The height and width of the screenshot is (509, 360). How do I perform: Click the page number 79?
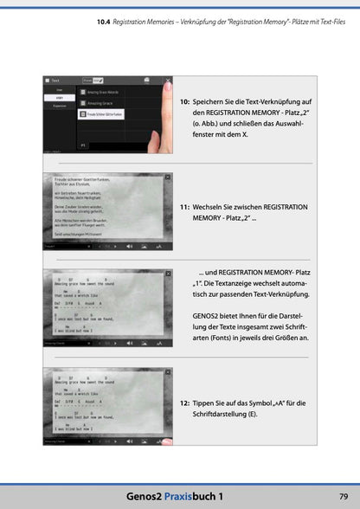(x=343, y=495)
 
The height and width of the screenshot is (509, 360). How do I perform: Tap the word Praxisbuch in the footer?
(x=189, y=495)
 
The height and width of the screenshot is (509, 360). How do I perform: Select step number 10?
(x=184, y=101)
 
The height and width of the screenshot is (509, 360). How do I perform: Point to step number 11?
(x=184, y=208)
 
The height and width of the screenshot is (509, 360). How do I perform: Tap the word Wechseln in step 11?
(x=212, y=208)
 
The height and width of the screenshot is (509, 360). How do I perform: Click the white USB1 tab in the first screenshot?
(x=60, y=97)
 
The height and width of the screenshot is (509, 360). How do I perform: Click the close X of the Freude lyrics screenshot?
(x=166, y=177)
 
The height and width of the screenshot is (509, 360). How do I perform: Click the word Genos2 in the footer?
(x=143, y=495)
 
